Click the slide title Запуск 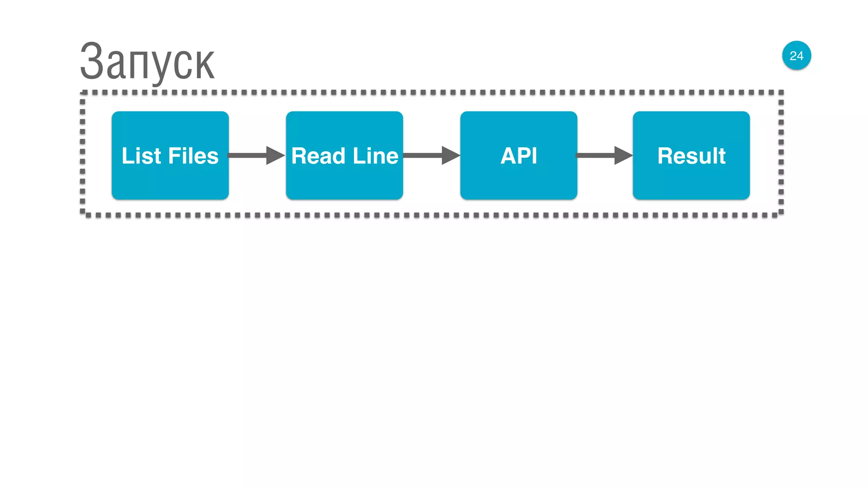[147, 62]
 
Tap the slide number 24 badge [796, 55]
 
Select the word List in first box [142, 156]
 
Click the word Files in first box [194, 156]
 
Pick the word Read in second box [318, 156]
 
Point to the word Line [376, 156]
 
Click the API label [518, 156]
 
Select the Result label [691, 156]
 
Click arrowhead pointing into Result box [623, 155]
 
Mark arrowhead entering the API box [450, 155]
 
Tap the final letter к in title [205, 65]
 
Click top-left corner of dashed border [83, 93]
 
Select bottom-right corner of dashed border [781, 214]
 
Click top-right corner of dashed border [781, 93]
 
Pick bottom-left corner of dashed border [83, 214]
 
